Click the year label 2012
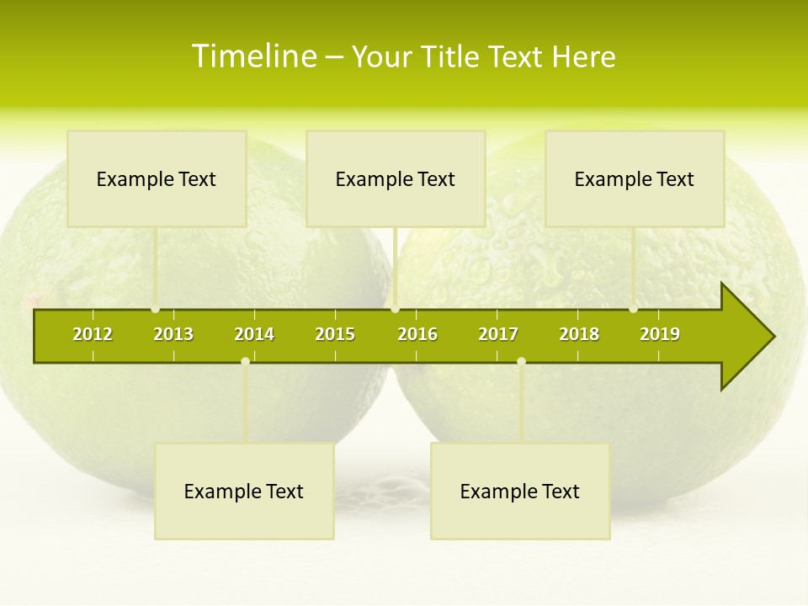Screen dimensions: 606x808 click(93, 334)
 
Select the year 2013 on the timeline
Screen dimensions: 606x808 click(173, 334)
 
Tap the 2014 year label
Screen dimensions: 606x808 click(254, 334)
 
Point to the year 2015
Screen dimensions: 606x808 click(335, 334)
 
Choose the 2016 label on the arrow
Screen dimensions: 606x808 click(417, 334)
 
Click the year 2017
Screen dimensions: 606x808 click(498, 334)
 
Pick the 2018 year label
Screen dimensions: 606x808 click(579, 334)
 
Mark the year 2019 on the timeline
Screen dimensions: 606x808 click(660, 334)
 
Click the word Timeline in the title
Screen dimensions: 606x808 click(253, 56)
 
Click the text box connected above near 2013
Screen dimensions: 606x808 click(157, 178)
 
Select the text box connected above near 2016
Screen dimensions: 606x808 click(396, 178)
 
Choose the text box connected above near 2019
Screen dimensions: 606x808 click(635, 178)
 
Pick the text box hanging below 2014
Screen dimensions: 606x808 click(244, 491)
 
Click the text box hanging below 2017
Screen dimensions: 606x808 click(520, 491)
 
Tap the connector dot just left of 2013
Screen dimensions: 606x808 click(156, 309)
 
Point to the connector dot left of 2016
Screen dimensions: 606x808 click(396, 309)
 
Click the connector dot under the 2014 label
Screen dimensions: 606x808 click(245, 361)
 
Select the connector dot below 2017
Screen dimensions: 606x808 click(521, 361)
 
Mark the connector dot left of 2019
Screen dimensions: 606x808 click(634, 309)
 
